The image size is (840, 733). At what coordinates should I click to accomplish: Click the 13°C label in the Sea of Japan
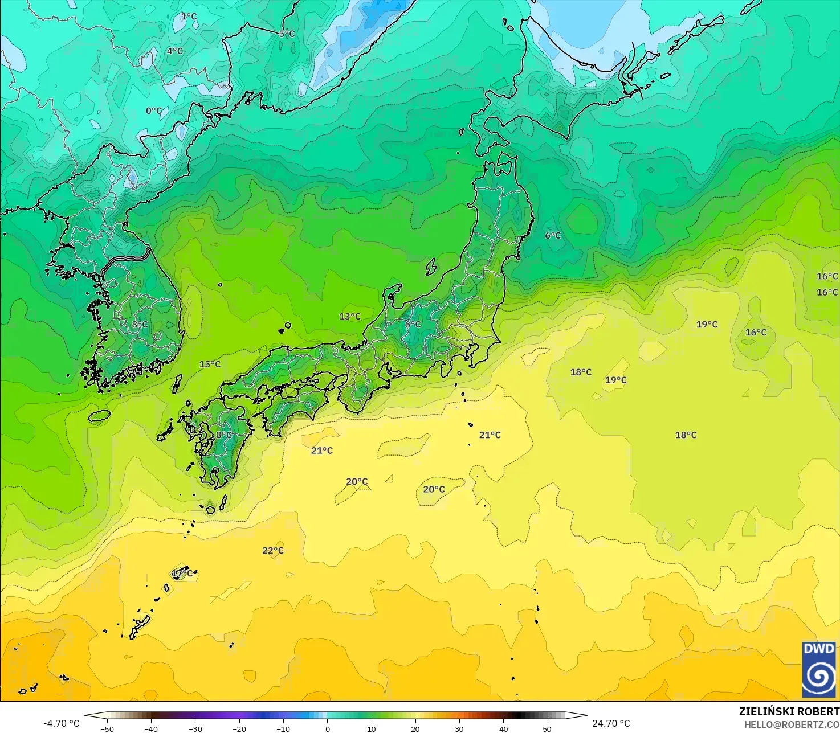[x=350, y=316]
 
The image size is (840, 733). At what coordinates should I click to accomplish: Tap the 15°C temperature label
[x=210, y=364]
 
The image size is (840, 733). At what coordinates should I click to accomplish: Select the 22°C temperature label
[x=272, y=550]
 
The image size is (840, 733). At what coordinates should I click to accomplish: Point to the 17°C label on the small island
[x=182, y=573]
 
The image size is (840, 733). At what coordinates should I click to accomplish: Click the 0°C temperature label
[x=153, y=110]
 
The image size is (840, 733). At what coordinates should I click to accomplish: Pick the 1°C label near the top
[x=189, y=17]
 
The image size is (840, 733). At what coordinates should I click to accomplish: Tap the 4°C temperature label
[x=174, y=51]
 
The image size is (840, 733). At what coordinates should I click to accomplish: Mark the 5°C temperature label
[x=287, y=34]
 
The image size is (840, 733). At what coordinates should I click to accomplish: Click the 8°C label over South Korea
[x=140, y=324]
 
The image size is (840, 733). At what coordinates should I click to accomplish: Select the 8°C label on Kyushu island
[x=223, y=435]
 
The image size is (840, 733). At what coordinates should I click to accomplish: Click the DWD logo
[x=819, y=669]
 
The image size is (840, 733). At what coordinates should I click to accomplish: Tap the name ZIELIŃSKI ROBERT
[x=789, y=711]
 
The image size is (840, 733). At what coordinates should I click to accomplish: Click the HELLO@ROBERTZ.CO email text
[x=792, y=724]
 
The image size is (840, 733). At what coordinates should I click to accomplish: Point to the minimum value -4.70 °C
[x=61, y=723]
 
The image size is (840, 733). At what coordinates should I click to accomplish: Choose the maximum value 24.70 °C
[x=611, y=723]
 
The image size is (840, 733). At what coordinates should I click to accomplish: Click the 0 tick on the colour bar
[x=327, y=728]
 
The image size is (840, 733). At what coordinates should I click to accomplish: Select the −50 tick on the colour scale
[x=107, y=728]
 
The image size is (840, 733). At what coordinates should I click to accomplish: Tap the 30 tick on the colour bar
[x=459, y=728]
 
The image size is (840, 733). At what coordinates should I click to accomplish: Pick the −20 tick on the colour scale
[x=239, y=728]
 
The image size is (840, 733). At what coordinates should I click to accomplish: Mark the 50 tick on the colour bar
[x=547, y=728]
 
